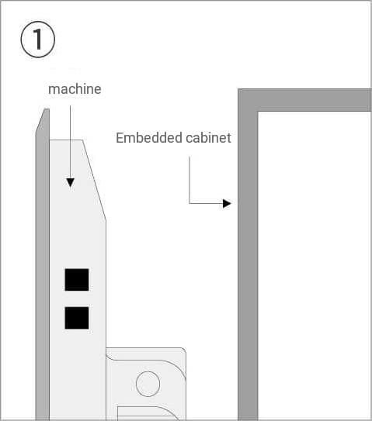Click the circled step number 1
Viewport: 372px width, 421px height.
[38, 40]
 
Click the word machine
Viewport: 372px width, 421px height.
[75, 89]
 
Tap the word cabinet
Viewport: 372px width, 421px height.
[208, 138]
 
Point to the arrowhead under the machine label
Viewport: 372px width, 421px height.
[71, 182]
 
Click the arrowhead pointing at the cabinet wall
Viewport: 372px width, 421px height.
[227, 203]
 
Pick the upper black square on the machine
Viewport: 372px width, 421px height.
[77, 279]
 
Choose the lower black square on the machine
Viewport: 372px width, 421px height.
[77, 318]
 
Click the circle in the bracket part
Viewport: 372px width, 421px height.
[148, 384]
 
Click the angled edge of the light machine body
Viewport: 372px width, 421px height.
[94, 180]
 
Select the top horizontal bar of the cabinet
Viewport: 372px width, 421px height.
[304, 100]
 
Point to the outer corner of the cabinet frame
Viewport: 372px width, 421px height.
[238, 89]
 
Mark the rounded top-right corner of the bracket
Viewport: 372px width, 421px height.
[184, 350]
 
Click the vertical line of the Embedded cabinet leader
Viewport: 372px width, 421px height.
[189, 180]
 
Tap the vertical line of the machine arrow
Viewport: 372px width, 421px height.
[71, 142]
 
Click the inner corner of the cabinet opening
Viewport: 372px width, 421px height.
[258, 112]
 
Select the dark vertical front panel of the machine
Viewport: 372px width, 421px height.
[43, 264]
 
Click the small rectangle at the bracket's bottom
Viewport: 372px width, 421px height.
[145, 413]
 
